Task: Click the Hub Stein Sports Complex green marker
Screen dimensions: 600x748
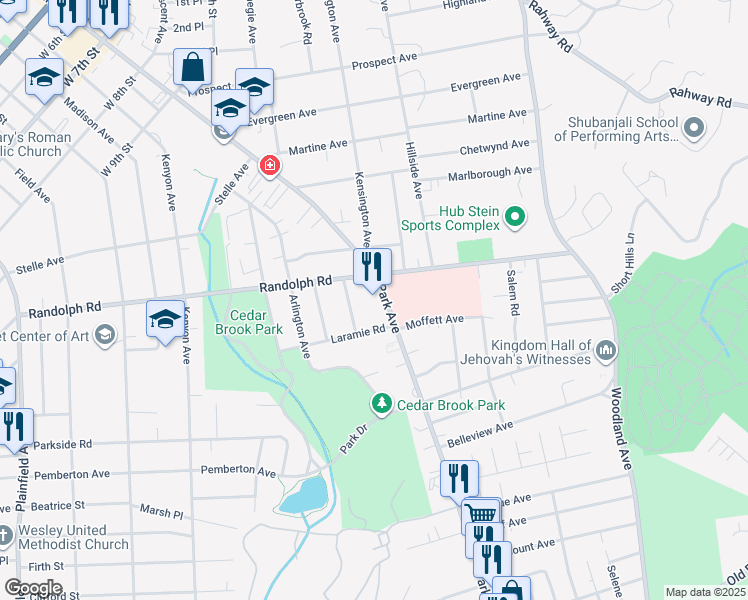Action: pyautogui.click(x=515, y=216)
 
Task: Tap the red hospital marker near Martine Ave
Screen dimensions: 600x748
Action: pyautogui.click(x=268, y=166)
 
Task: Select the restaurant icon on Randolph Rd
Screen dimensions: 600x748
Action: pyautogui.click(x=372, y=266)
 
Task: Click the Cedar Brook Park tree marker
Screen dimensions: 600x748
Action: pyautogui.click(x=381, y=404)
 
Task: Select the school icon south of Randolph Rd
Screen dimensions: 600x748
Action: pyautogui.click(x=166, y=320)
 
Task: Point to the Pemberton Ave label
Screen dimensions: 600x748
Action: pyautogui.click(x=238, y=470)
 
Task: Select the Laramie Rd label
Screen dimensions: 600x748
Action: pyautogui.click(x=351, y=337)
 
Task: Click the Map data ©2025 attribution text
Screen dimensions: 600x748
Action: pyautogui.click(x=705, y=592)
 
